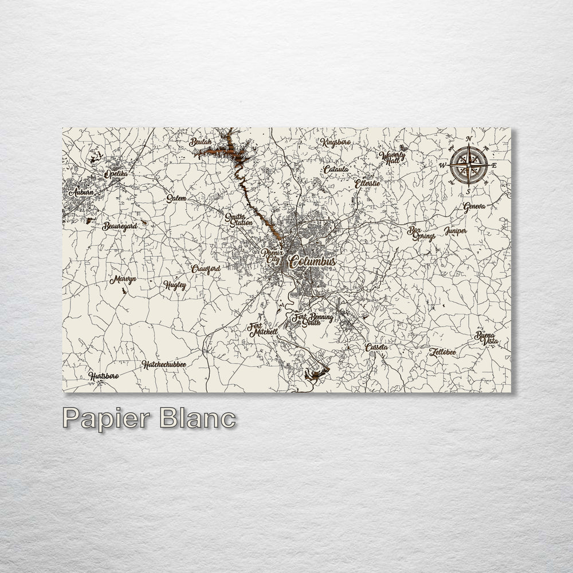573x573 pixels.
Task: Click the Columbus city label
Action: (x=312, y=261)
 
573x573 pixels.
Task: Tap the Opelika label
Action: (x=116, y=173)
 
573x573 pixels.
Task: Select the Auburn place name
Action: (x=81, y=193)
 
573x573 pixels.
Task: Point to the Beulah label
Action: (x=201, y=142)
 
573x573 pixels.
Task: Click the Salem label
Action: (x=176, y=198)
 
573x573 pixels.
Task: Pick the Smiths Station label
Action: (x=238, y=219)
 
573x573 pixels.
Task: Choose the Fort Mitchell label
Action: (x=262, y=329)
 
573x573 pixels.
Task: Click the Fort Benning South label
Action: (x=313, y=319)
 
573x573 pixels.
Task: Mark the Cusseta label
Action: (x=376, y=347)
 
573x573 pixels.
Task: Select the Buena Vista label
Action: (x=486, y=338)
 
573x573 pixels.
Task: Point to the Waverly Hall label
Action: (x=394, y=157)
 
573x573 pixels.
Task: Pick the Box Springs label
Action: (x=421, y=233)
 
